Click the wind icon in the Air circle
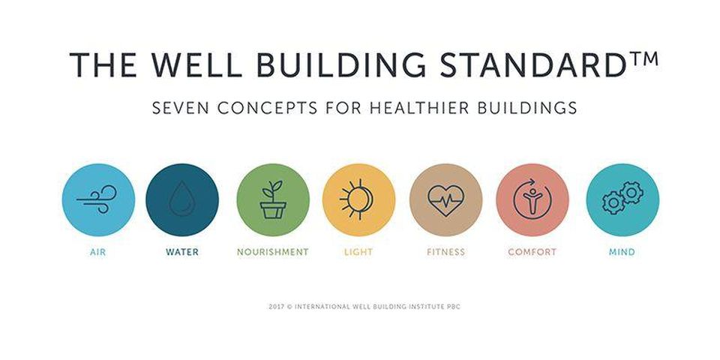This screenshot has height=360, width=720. pyautogui.click(x=97, y=199)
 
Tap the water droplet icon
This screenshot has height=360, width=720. pyautogui.click(x=182, y=199)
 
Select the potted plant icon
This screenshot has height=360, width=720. pyautogui.click(x=273, y=199)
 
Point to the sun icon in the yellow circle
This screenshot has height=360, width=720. pyautogui.click(x=357, y=198)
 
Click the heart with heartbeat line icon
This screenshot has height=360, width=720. pyautogui.click(x=445, y=200)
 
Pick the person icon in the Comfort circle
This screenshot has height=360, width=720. pyautogui.click(x=532, y=200)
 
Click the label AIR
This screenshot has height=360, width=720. pyautogui.click(x=97, y=252)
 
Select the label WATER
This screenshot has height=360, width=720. pyautogui.click(x=182, y=252)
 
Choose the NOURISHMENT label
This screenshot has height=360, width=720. pyautogui.click(x=273, y=252)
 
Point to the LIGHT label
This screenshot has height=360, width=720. pyautogui.click(x=358, y=252)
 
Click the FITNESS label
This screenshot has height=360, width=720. pyautogui.click(x=445, y=252)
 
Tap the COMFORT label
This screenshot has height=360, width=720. pyautogui.click(x=532, y=252)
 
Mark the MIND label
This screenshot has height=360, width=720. pyautogui.click(x=622, y=252)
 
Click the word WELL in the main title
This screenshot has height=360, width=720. pyautogui.click(x=196, y=64)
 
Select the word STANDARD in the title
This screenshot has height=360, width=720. pyautogui.click(x=531, y=64)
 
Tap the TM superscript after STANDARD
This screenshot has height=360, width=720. pyautogui.click(x=642, y=58)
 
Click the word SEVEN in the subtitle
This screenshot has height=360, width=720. pyautogui.click(x=181, y=108)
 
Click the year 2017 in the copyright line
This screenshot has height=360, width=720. pyautogui.click(x=276, y=307)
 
